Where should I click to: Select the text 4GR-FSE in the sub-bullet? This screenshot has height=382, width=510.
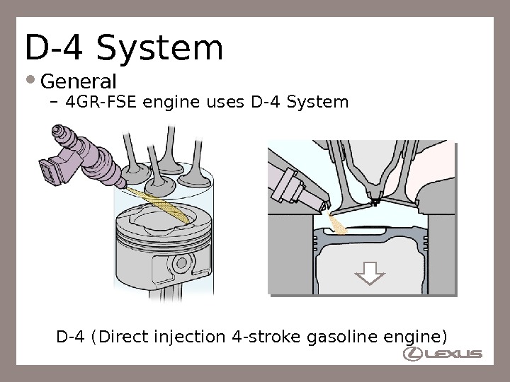(102, 103)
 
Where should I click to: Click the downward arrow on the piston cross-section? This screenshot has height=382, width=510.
(368, 272)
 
